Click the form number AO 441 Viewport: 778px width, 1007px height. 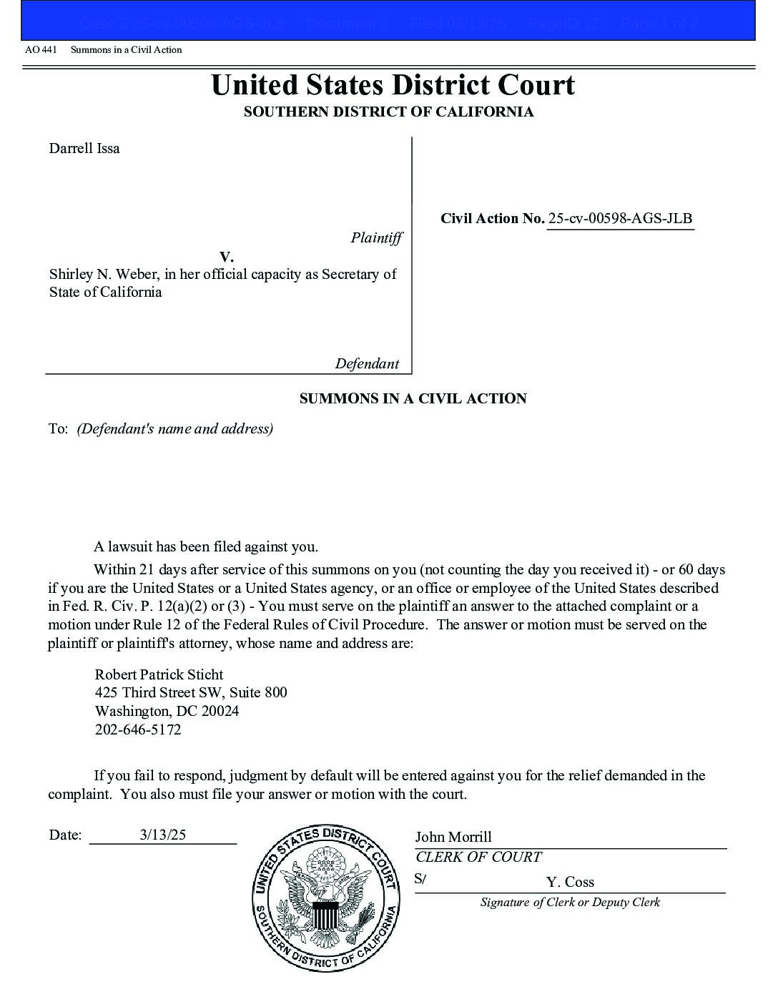(41, 50)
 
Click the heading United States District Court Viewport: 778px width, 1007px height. (392, 85)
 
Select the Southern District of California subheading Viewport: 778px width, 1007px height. (388, 112)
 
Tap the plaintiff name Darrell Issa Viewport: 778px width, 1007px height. (84, 149)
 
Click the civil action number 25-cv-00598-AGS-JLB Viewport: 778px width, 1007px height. (620, 219)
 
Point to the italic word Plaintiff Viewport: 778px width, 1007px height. (376, 238)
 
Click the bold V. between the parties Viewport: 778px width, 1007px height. (227, 257)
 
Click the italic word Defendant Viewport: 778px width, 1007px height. (367, 364)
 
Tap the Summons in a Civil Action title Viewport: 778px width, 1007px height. (413, 399)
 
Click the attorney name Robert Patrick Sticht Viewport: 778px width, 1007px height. (159, 674)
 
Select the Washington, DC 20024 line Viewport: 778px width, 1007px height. (167, 711)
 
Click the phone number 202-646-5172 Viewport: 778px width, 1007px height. (138, 730)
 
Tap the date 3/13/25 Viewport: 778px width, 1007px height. (163, 835)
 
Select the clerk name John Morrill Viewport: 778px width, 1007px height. (453, 837)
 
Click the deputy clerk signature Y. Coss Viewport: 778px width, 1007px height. (570, 882)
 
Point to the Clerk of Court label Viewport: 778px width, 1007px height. (478, 857)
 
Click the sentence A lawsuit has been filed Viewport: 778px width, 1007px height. (206, 547)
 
